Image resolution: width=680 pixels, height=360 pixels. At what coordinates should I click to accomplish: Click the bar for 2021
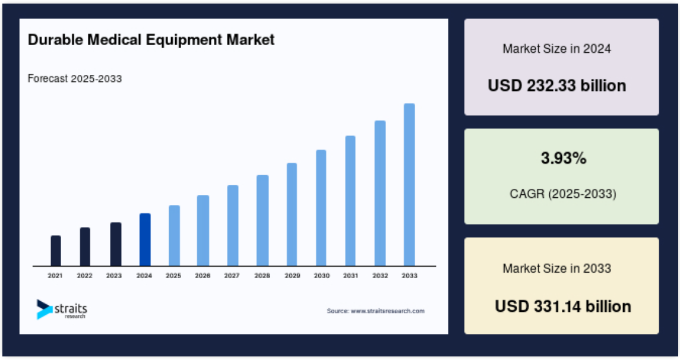(x=56, y=251)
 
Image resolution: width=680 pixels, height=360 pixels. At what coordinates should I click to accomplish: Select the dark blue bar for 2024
(x=145, y=239)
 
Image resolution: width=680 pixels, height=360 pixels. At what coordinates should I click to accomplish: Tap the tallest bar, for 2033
(x=409, y=185)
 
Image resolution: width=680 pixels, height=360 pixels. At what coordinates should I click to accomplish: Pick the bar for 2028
(x=262, y=220)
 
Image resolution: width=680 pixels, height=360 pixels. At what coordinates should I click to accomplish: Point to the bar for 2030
(x=321, y=208)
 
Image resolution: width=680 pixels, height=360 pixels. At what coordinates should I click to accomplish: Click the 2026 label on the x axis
(x=203, y=276)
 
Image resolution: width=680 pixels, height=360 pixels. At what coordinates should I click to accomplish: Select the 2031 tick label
(x=350, y=276)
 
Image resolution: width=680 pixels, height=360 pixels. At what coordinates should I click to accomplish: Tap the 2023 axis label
(x=114, y=276)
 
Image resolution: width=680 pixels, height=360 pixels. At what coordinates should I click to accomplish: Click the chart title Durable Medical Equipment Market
(x=151, y=40)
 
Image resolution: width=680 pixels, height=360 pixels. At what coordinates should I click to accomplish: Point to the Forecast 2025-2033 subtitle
(x=75, y=78)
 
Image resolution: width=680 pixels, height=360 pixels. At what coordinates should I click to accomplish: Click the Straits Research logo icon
(x=44, y=309)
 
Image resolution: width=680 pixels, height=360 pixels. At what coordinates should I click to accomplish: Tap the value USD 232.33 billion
(x=557, y=86)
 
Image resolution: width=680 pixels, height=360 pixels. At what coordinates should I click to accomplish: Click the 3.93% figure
(x=564, y=158)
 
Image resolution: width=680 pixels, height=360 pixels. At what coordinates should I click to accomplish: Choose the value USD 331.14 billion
(x=563, y=306)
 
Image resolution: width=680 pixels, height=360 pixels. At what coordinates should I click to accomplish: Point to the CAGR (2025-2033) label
(x=563, y=194)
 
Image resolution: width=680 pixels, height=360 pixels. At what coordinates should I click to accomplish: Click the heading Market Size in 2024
(x=557, y=49)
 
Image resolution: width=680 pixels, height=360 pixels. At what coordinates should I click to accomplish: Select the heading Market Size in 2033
(x=557, y=269)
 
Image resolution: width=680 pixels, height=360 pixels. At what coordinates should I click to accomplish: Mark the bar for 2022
(x=85, y=247)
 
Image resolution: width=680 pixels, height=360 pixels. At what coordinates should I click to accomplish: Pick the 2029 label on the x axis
(x=292, y=276)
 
